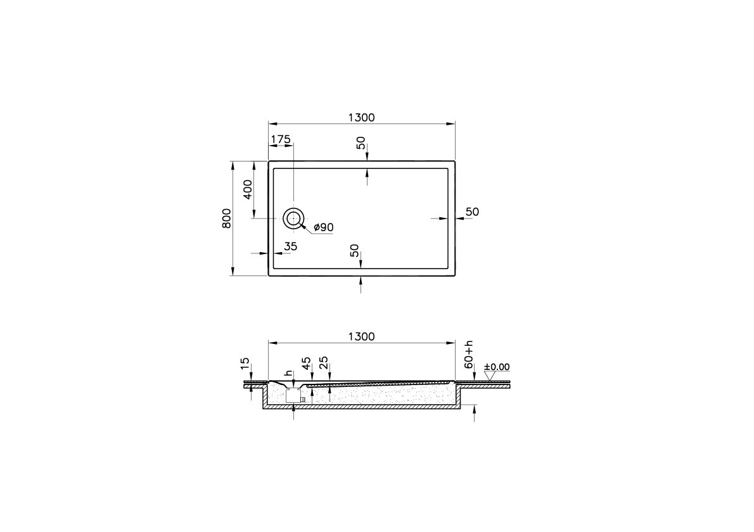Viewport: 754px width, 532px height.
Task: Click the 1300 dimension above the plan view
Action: [362, 117]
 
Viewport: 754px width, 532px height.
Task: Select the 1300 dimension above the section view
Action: [362, 336]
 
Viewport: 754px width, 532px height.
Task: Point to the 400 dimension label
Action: [248, 189]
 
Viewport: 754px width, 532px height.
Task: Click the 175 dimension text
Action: [281, 139]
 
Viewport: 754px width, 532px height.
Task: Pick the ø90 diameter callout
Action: [323, 227]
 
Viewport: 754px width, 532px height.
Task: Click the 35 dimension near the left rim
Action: [290, 246]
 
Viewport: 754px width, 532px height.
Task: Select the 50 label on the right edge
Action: [472, 212]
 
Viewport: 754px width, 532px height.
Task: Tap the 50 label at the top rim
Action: [361, 142]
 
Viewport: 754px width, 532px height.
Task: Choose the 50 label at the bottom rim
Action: [355, 251]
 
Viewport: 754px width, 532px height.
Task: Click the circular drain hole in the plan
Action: [293, 218]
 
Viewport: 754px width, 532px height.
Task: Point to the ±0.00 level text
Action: [497, 367]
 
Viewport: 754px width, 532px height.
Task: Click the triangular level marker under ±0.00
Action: [489, 375]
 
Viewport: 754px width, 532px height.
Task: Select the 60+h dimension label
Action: [470, 355]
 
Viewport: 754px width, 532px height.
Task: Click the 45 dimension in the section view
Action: [306, 363]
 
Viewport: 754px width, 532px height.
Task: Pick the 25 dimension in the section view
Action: [324, 363]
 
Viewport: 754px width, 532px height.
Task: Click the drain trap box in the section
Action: [293, 396]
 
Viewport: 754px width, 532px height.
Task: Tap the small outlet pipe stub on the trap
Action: [304, 399]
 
